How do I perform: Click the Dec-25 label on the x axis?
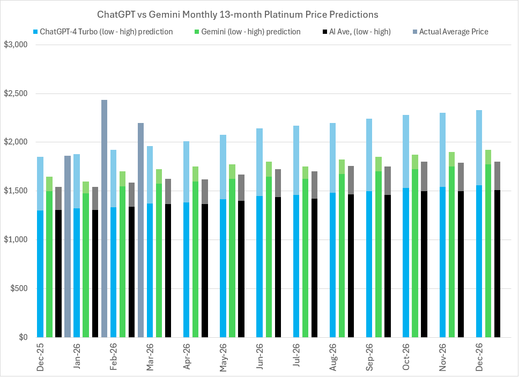(x=41, y=357)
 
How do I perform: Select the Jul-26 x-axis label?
(x=296, y=357)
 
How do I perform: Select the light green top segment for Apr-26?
(x=195, y=173)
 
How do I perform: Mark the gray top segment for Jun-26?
(x=278, y=183)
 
